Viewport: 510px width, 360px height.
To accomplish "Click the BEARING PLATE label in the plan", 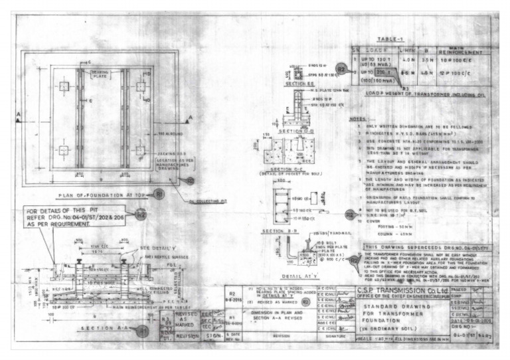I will click(100, 73).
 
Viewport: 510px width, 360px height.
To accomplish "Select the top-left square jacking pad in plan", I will click(64, 86).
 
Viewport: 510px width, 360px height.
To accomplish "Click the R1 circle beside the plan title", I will click(158, 194).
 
